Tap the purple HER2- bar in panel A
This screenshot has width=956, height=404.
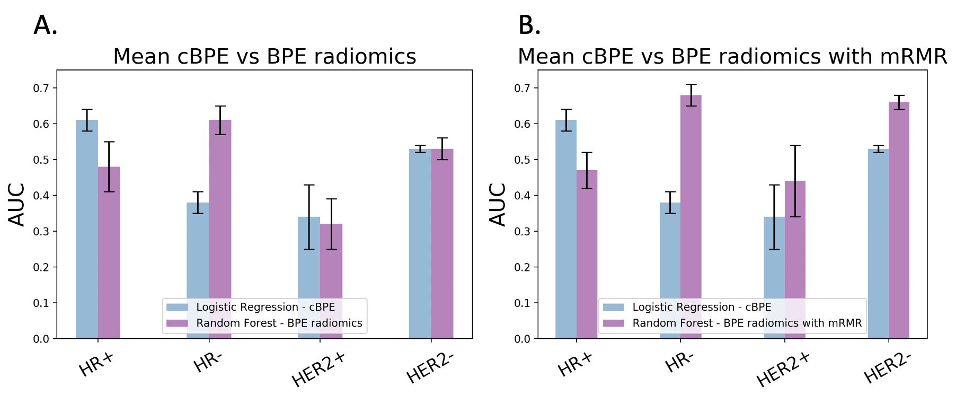tap(442, 244)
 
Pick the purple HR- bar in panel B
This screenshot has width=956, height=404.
tap(691, 212)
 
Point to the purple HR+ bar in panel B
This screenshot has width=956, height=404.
tap(587, 254)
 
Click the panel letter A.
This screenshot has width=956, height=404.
tap(46, 25)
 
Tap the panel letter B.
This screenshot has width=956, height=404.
tap(529, 25)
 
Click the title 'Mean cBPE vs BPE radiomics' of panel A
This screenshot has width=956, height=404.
tap(264, 57)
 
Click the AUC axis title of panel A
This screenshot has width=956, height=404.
tap(17, 205)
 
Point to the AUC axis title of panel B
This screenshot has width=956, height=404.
tap(498, 205)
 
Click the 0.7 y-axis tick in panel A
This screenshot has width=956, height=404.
tap(41, 88)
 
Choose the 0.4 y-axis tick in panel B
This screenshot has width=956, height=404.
tap(522, 196)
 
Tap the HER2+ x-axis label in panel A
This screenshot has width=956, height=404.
tap(319, 369)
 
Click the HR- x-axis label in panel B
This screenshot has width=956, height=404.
tap(679, 362)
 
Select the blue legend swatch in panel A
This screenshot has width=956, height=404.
tap(177, 308)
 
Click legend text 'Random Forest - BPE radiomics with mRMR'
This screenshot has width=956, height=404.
tap(747, 323)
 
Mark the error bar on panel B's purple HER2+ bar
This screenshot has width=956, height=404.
tap(795, 181)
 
